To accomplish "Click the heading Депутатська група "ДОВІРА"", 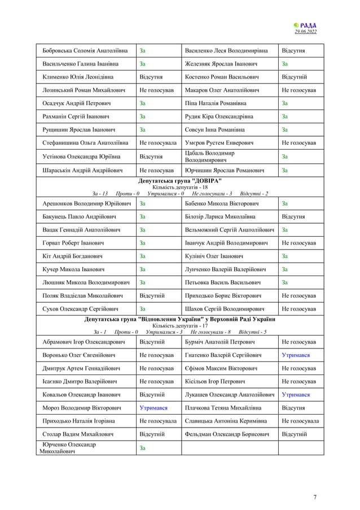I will click(180, 181).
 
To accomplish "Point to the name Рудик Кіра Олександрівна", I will click(219, 116).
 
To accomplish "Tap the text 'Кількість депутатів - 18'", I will click(180, 187).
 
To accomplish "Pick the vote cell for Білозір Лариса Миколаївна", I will click(293, 216).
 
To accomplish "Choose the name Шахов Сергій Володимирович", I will click(225, 309).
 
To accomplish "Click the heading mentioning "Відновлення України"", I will click(180, 320).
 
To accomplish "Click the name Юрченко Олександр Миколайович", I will click(68, 448).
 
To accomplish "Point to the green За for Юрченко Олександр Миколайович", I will click(142, 448).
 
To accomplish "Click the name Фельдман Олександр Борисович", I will click(226, 434).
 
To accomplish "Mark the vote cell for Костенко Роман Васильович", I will click(294, 77).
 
